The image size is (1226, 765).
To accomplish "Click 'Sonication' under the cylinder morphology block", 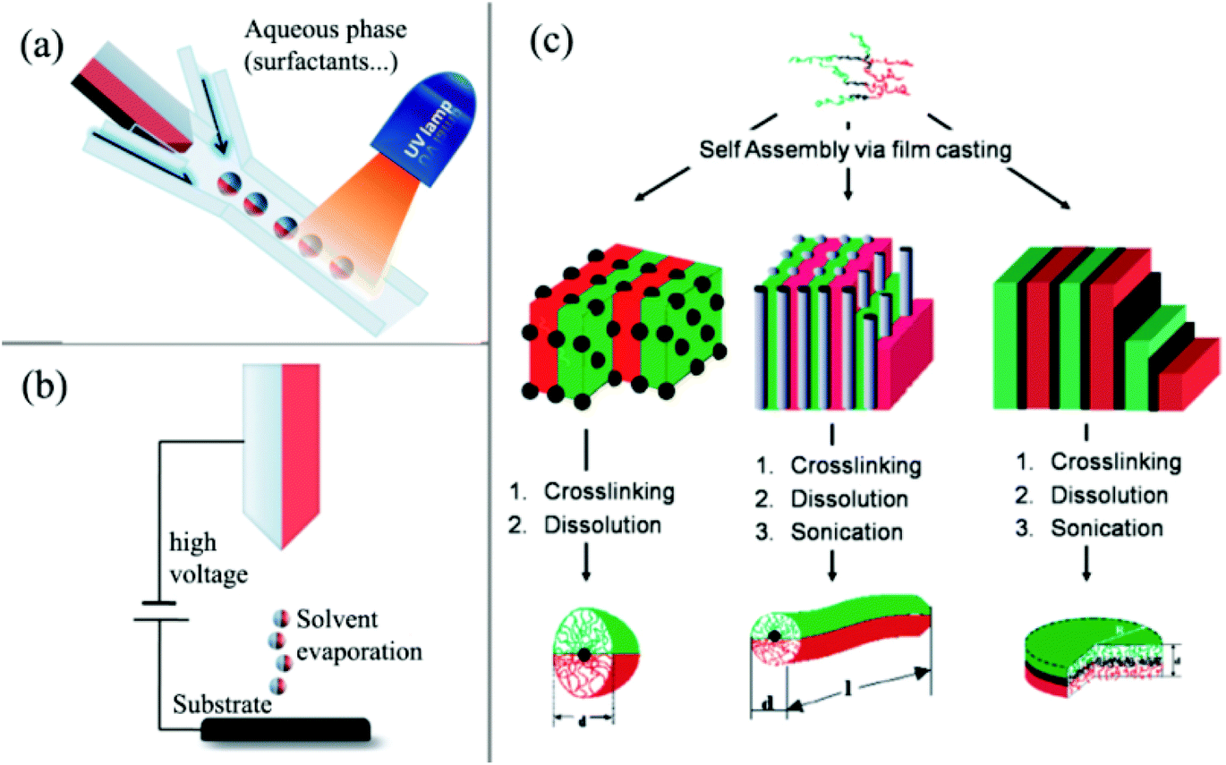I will (x=846, y=532).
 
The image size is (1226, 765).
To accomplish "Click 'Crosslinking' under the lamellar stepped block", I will (x=1108, y=463).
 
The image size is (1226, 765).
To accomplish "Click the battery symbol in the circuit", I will (x=161, y=608).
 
